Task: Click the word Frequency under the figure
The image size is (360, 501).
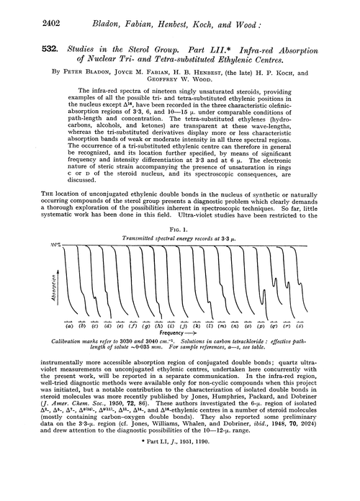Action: tap(172, 335)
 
